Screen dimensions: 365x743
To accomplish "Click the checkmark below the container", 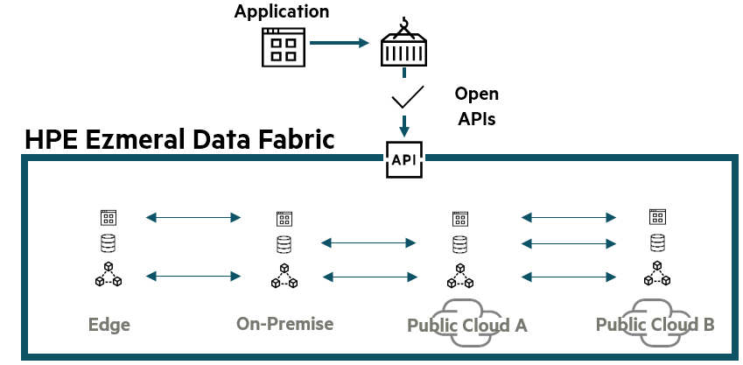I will click(x=407, y=95).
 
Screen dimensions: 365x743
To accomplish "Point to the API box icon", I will click(x=403, y=159).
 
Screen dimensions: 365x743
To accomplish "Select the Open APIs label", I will click(x=477, y=106).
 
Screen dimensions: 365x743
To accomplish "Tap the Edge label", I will click(x=109, y=325).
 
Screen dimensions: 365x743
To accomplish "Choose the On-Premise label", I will click(x=284, y=323).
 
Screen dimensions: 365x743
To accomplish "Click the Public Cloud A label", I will click(x=466, y=325).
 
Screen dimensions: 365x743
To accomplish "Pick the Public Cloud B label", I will click(x=655, y=324).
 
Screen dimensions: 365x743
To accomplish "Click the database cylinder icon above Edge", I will click(x=109, y=243).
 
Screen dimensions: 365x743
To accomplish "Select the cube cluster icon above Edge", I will click(x=109, y=275).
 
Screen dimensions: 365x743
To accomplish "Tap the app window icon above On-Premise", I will click(x=284, y=218).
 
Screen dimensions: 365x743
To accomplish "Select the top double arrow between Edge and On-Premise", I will click(x=193, y=217).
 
